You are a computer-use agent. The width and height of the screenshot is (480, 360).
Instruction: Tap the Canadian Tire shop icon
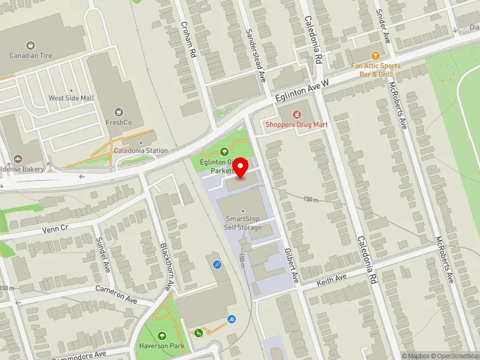[x=29, y=45]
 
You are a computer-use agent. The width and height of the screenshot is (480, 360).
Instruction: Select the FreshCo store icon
[x=119, y=112]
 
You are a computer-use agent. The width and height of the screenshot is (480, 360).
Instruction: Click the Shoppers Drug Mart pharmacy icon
[x=296, y=114]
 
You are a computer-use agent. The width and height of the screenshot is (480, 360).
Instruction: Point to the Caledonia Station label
[x=141, y=151]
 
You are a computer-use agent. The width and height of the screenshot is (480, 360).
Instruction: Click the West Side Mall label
[x=70, y=98]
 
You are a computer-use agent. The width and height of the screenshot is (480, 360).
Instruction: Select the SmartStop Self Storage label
[x=243, y=223]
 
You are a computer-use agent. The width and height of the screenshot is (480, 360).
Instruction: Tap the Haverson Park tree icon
[x=161, y=336]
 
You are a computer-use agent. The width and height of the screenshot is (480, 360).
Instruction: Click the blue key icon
[x=217, y=263]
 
